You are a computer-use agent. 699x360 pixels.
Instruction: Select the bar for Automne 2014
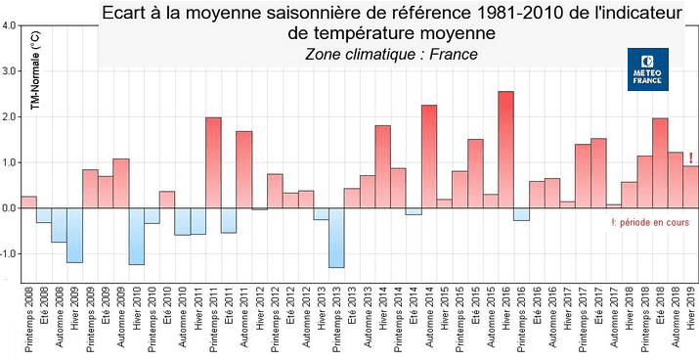(428, 157)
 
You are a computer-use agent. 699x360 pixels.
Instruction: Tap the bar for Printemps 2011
(213, 162)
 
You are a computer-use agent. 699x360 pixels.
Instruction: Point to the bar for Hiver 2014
(382, 166)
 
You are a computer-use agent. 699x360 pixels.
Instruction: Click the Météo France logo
(647, 69)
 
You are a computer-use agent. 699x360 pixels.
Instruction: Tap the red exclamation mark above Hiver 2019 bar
(690, 158)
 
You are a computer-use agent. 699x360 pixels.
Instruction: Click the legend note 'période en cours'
(648, 223)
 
